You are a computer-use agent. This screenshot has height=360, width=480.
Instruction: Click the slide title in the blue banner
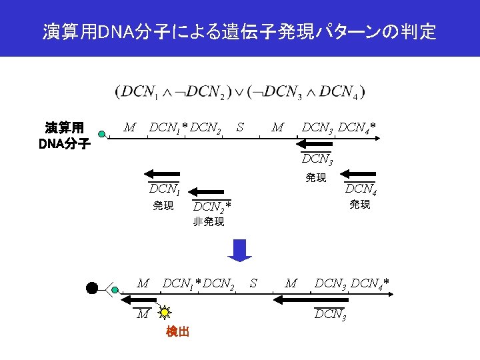tap(240, 31)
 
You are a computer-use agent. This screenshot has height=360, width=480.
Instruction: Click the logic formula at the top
tap(240, 91)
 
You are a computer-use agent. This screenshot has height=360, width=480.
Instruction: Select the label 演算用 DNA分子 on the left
tap(64, 135)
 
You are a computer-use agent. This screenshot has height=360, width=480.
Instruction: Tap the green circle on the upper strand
tap(101, 133)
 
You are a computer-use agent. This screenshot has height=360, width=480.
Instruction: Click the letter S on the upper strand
tap(240, 127)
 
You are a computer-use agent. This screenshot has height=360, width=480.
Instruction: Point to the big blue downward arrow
tap(240, 249)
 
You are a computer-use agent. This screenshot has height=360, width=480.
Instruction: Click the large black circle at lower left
tap(92, 288)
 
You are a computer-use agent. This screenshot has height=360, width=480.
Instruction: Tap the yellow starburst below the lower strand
tap(165, 311)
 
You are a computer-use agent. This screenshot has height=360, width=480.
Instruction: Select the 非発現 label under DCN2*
tap(209, 222)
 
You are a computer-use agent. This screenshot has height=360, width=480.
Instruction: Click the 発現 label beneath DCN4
tap(360, 205)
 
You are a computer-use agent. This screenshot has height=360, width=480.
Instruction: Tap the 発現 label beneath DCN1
tap(163, 206)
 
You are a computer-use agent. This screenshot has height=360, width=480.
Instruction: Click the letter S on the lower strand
tap(253, 283)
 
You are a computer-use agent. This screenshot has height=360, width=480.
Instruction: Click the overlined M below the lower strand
tap(142, 314)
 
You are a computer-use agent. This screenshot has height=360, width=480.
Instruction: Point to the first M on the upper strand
tap(130, 127)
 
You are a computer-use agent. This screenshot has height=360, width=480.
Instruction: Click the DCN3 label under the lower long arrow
tap(329, 314)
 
